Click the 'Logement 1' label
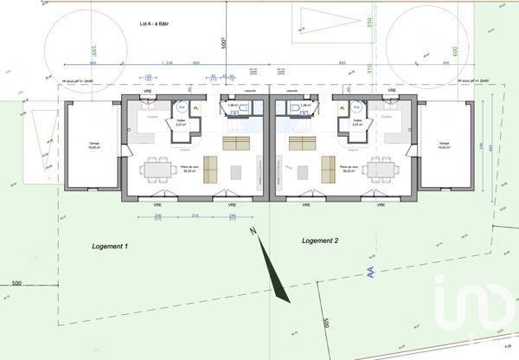110,247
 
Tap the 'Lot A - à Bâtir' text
157,26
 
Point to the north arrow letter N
252,231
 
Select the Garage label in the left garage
94,145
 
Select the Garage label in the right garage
445,145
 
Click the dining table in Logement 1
157,166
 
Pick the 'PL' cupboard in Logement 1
195,108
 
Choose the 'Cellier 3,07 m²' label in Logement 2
357,124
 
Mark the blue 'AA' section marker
370,272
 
